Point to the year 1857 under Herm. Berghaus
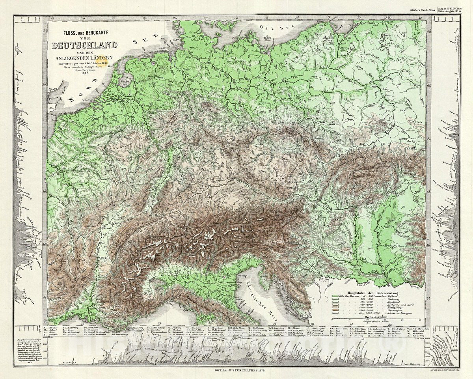83,73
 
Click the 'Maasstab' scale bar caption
376,316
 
